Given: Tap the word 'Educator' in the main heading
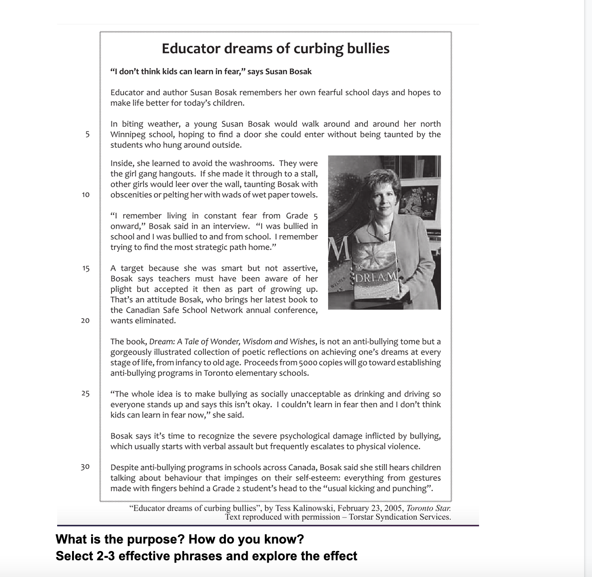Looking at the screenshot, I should point(191,48).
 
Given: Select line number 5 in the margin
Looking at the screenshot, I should point(87,134).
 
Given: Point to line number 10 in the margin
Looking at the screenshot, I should point(86,195).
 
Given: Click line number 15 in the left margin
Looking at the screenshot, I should point(86,268).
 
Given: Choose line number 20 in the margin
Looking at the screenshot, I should point(86,321).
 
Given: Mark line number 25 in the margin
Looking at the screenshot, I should point(86,394).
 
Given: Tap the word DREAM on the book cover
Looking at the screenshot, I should point(376,277).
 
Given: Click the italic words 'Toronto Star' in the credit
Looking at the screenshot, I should point(428,508).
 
